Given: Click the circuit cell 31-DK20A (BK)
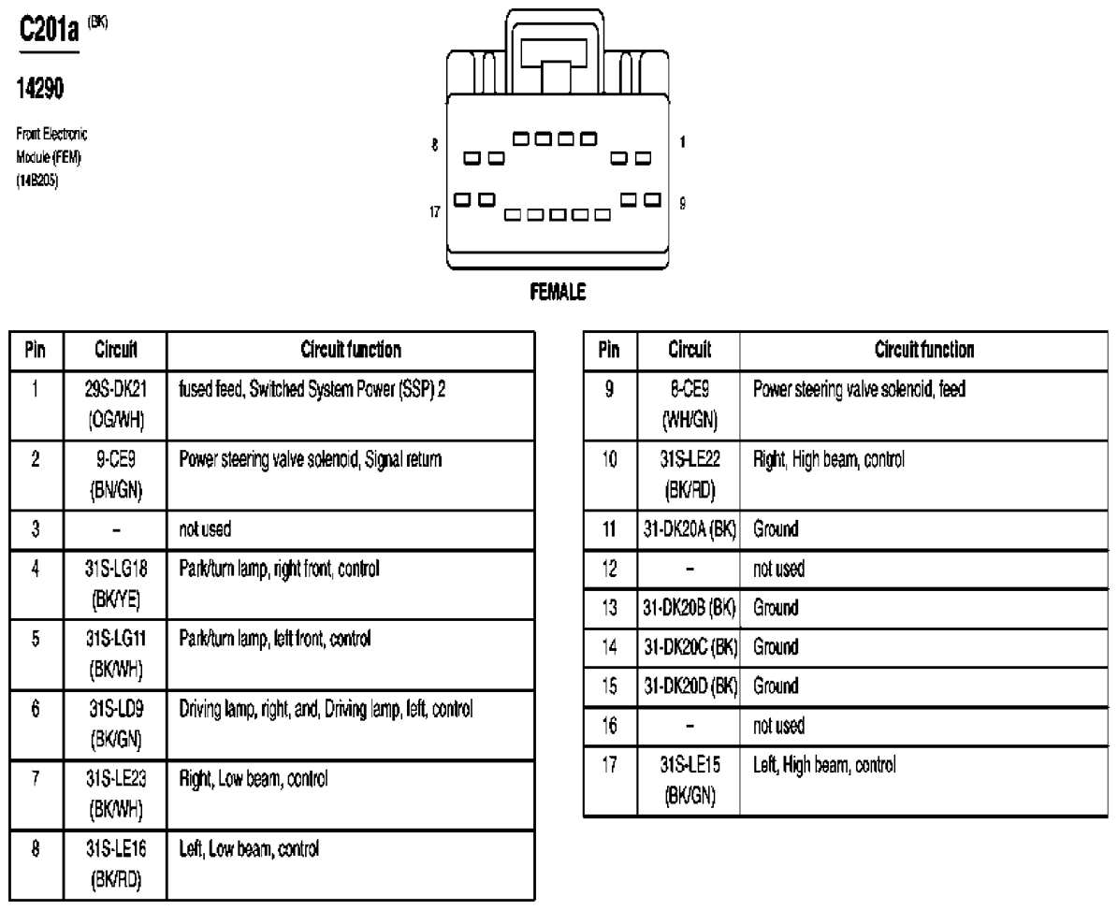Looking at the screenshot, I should [x=688, y=528].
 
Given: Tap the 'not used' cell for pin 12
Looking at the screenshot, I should [x=769, y=568].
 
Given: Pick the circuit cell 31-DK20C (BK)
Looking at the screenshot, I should [x=688, y=646].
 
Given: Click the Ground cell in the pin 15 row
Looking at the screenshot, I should [x=776, y=686].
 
